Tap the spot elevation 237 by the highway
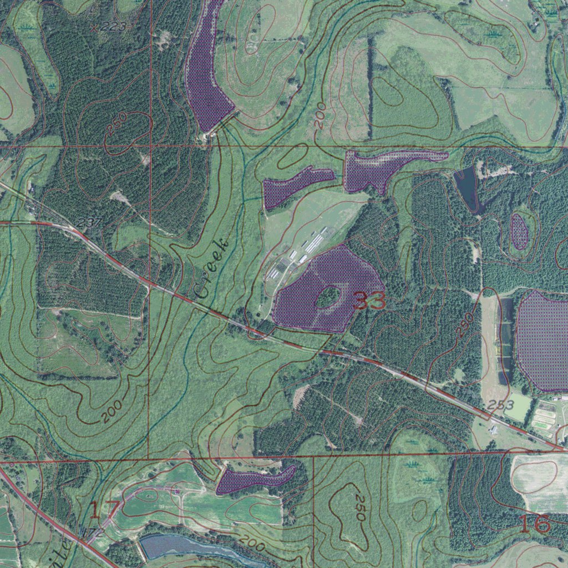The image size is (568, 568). [89, 222]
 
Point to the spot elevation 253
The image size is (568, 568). [502, 404]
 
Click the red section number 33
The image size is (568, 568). [369, 301]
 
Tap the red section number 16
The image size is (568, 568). [535, 523]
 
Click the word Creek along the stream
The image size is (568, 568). [212, 267]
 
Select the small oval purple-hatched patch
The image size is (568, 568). [519, 231]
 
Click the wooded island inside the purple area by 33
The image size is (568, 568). [328, 298]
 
